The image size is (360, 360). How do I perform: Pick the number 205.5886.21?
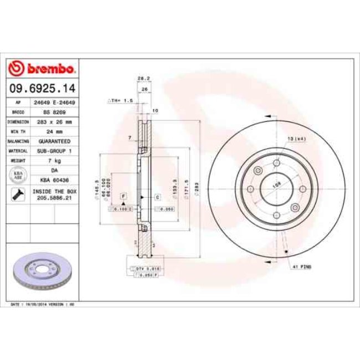(54, 198)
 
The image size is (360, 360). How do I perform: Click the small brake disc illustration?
(42, 272)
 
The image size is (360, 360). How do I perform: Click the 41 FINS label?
(302, 266)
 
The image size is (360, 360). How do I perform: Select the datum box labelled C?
(157, 197)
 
